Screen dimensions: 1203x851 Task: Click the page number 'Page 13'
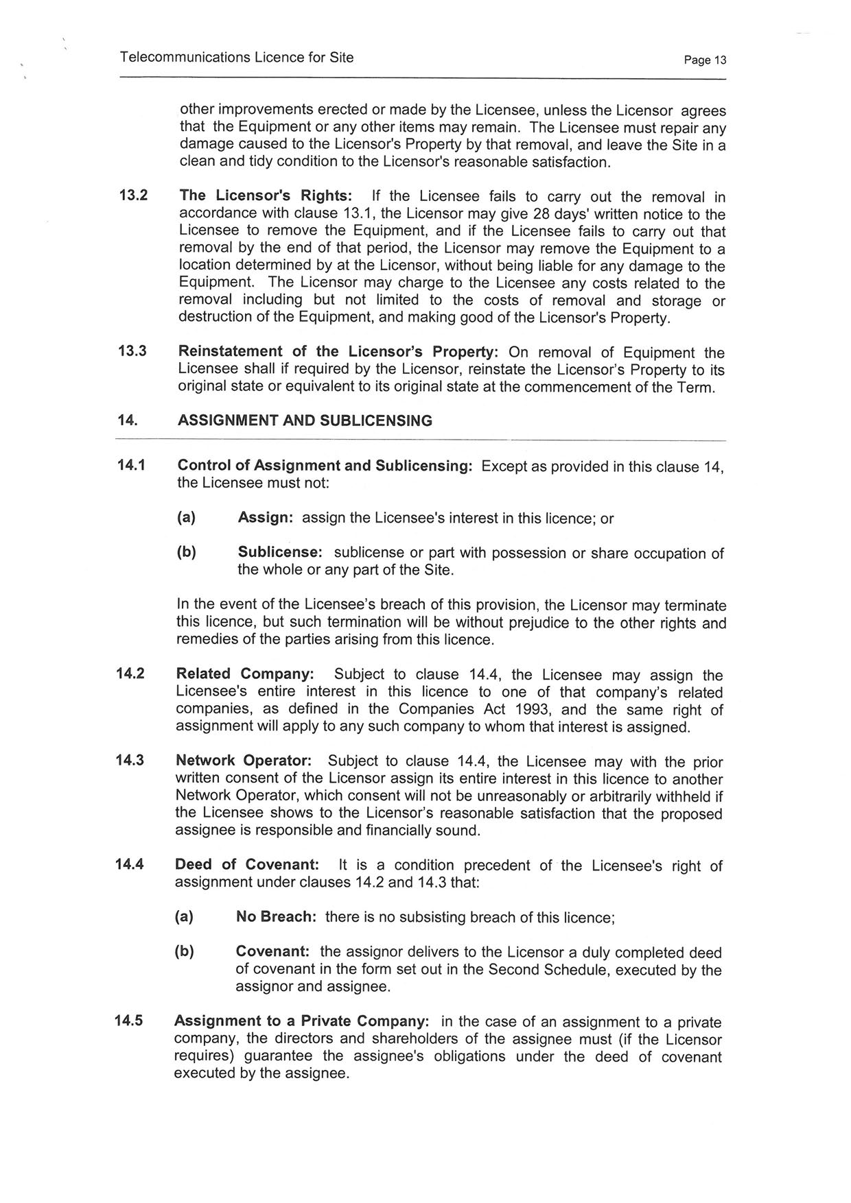[705, 60]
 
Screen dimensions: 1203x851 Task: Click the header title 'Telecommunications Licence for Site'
[237, 58]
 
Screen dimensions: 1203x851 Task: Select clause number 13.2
[133, 195]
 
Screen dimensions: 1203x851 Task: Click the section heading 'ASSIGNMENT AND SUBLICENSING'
[305, 420]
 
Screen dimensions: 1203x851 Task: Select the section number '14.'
[128, 420]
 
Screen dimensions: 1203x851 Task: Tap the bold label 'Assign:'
[266, 518]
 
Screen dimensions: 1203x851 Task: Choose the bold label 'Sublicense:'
[280, 552]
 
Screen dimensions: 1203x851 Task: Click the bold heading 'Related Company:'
[245, 674]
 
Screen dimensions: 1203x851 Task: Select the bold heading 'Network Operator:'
[244, 761]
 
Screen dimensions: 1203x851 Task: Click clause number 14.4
[130, 864]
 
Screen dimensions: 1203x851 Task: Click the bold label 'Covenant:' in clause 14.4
[272, 952]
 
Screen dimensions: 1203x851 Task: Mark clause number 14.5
[129, 1021]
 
